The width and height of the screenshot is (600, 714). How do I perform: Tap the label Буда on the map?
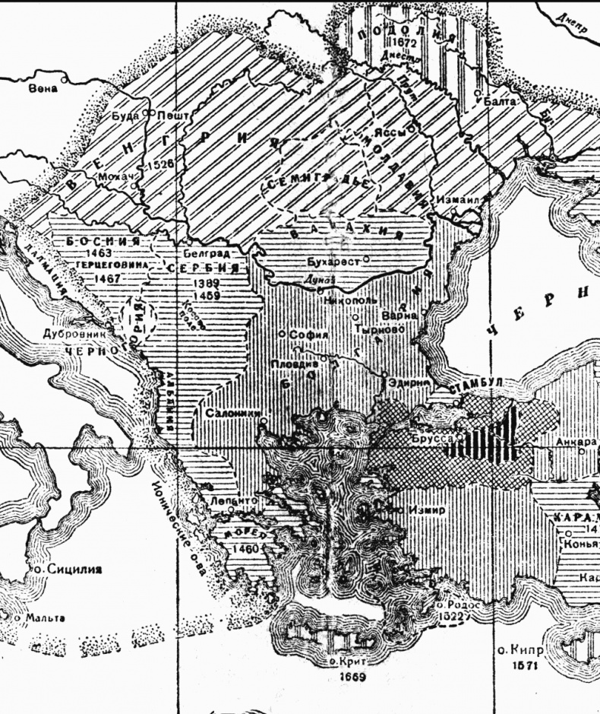click(x=126, y=116)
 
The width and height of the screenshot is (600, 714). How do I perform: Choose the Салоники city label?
click(x=233, y=412)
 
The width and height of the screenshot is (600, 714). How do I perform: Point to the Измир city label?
click(x=424, y=509)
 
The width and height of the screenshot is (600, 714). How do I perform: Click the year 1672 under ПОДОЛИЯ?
click(x=396, y=43)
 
